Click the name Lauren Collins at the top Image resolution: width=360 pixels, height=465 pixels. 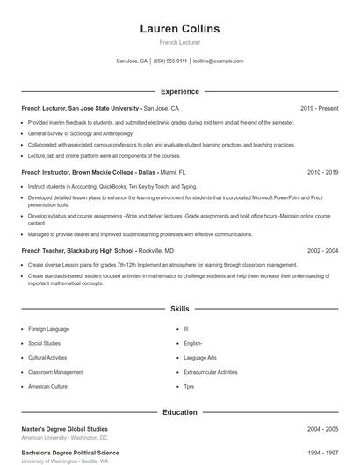180,29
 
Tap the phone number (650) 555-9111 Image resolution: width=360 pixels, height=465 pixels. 170,61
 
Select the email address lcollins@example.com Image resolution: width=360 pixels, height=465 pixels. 218,61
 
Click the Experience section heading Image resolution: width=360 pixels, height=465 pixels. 180,91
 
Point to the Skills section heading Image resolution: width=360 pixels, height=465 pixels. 180,309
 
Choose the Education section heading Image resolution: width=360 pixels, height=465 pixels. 180,412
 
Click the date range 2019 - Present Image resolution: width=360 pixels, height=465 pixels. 319,108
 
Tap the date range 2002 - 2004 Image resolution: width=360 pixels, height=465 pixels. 322,250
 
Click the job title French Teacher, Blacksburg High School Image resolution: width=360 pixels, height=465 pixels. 78,250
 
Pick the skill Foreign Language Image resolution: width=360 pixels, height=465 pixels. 49,329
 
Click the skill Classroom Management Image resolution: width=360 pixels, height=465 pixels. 56,372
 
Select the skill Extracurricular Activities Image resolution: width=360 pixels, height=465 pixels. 211,372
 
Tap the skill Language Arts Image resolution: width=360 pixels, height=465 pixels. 200,358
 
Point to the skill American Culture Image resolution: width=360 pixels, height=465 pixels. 47,386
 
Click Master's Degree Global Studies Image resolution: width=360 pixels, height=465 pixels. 65,429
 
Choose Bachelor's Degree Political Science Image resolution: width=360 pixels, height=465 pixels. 70,452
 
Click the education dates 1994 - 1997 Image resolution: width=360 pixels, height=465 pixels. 322,452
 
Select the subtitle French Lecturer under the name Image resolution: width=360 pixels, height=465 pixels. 180,42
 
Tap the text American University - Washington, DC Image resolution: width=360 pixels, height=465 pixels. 64,438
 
